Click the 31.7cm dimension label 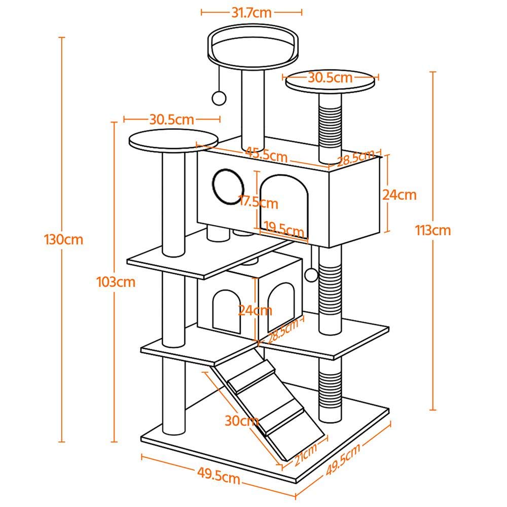251,13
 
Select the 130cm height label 63,239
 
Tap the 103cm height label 116,282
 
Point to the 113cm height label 432,230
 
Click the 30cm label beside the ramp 242,420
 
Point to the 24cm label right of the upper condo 400,195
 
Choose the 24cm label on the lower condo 256,310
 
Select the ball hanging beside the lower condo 311,275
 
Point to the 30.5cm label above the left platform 171,120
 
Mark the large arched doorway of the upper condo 284,200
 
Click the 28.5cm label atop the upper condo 356,157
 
